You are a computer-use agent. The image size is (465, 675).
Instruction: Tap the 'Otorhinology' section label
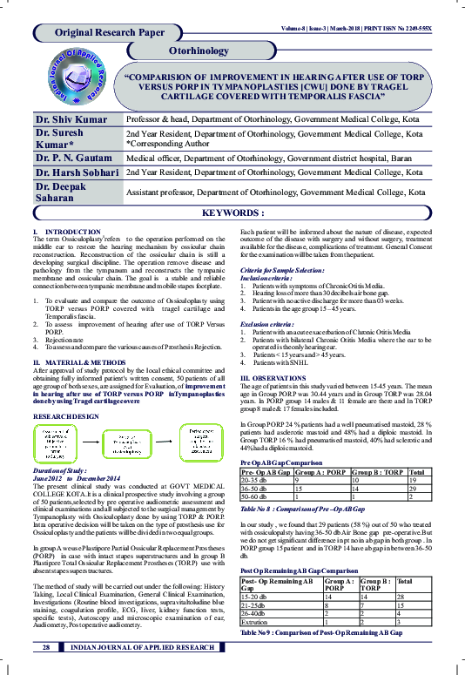(199, 51)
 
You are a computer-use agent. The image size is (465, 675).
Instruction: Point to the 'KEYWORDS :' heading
(232, 213)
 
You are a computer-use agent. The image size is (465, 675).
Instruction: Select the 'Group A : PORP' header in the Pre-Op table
(318, 471)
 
